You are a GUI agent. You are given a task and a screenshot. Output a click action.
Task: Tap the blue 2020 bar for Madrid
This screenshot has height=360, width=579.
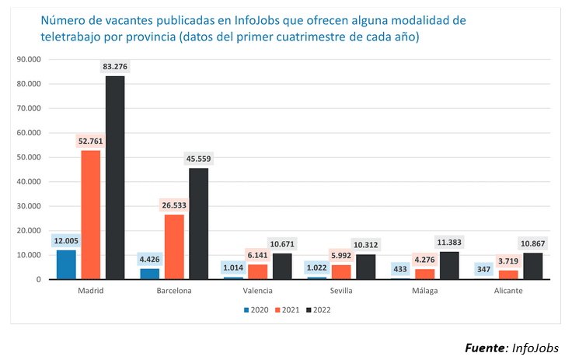[x=67, y=264]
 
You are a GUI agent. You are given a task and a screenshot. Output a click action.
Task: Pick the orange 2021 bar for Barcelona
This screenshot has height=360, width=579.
[x=174, y=246]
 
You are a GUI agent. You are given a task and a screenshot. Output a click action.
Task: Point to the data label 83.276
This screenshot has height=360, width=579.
[x=115, y=68]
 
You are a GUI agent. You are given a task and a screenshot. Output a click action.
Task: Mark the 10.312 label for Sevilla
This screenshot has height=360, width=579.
[x=365, y=245]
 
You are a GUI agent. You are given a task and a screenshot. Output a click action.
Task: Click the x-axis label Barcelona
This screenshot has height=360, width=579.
[x=174, y=291]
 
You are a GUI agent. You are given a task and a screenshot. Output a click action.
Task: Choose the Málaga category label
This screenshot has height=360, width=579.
[x=424, y=291]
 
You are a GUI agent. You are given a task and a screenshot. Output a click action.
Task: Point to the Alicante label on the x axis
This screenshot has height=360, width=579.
[x=507, y=291]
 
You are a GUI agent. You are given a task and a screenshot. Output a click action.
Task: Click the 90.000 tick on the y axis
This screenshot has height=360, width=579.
[x=27, y=59]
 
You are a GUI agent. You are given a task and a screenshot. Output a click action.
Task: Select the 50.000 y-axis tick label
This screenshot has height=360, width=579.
[x=27, y=157]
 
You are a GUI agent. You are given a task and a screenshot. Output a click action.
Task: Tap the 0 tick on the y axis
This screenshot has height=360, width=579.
[x=38, y=279]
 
